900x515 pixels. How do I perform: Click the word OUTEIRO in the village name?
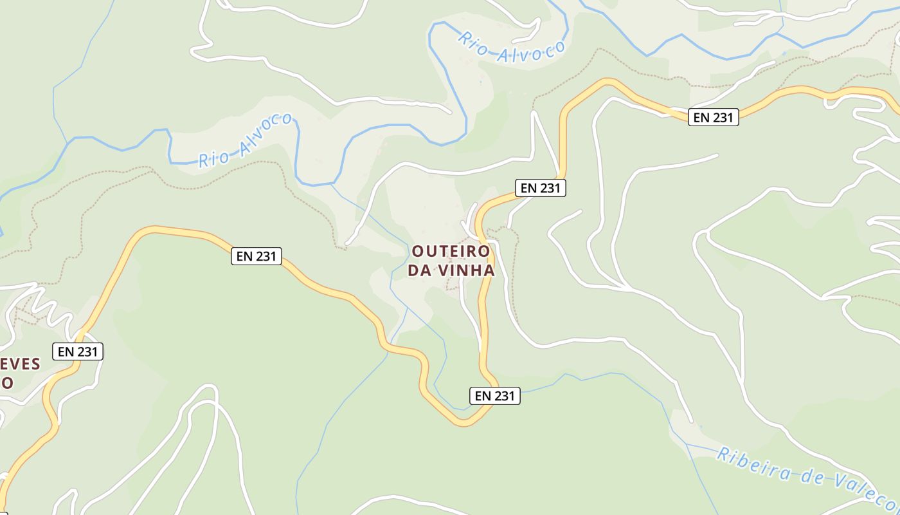pos(450,250)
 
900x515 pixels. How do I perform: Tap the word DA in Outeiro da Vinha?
pos(420,270)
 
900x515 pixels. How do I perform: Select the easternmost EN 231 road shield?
pos(713,117)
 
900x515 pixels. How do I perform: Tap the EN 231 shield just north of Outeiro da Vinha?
pos(540,188)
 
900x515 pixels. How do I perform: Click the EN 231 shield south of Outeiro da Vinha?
pos(494,396)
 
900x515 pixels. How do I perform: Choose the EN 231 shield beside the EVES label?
pos(77,351)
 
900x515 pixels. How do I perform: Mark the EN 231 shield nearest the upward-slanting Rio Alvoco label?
pos(256,256)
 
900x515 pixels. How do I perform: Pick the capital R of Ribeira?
pos(723,454)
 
